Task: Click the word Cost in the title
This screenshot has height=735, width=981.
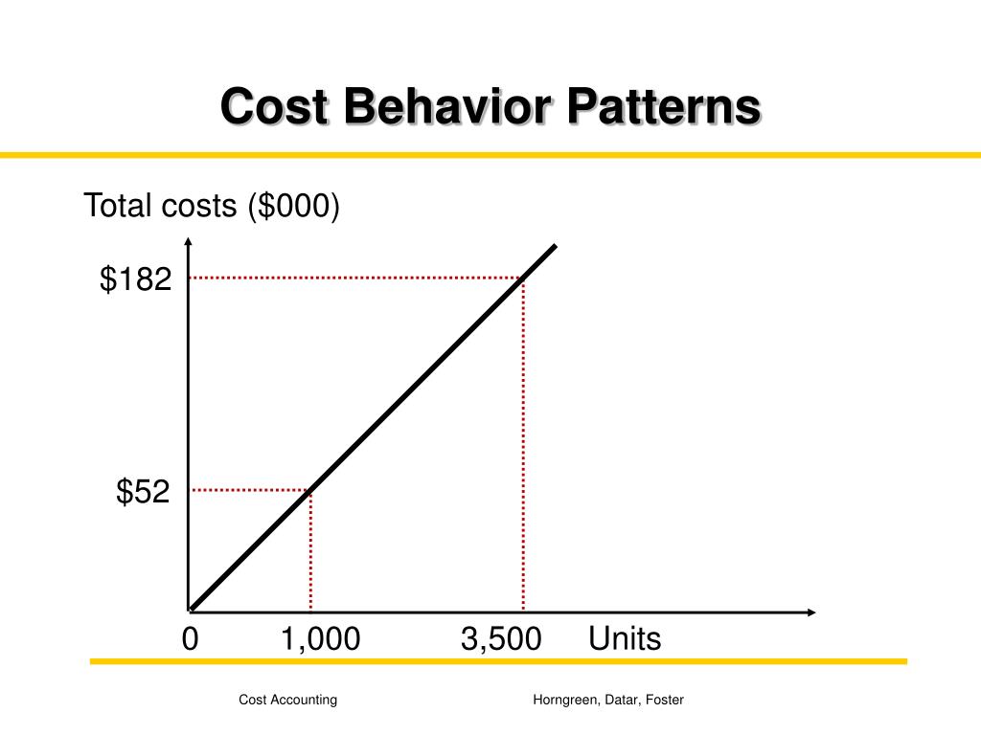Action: point(276,106)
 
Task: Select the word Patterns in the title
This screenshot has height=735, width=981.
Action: point(662,106)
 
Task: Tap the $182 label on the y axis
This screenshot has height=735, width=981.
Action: point(136,279)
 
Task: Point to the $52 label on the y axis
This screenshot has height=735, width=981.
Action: point(143,492)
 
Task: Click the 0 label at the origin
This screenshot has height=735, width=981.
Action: point(190,639)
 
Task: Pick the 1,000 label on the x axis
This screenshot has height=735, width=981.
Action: point(320,639)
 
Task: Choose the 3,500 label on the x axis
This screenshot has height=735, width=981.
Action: point(500,639)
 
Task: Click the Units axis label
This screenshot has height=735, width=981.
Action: point(625,639)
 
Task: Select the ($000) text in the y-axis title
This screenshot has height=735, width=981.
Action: point(292,206)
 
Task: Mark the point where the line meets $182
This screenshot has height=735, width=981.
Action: point(523,278)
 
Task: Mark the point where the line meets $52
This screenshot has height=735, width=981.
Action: point(310,490)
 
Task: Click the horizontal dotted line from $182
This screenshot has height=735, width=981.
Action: point(354,278)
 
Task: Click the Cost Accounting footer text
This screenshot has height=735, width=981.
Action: point(287,700)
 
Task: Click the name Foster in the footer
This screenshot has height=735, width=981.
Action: point(665,700)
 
